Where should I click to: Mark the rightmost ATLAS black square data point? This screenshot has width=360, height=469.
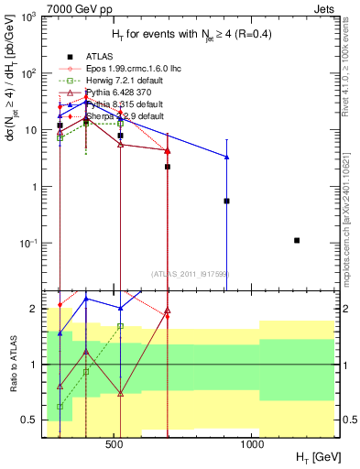(x=297, y=240)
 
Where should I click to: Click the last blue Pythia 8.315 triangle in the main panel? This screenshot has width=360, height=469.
(x=226, y=157)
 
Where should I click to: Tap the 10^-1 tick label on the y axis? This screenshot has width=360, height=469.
(x=31, y=244)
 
